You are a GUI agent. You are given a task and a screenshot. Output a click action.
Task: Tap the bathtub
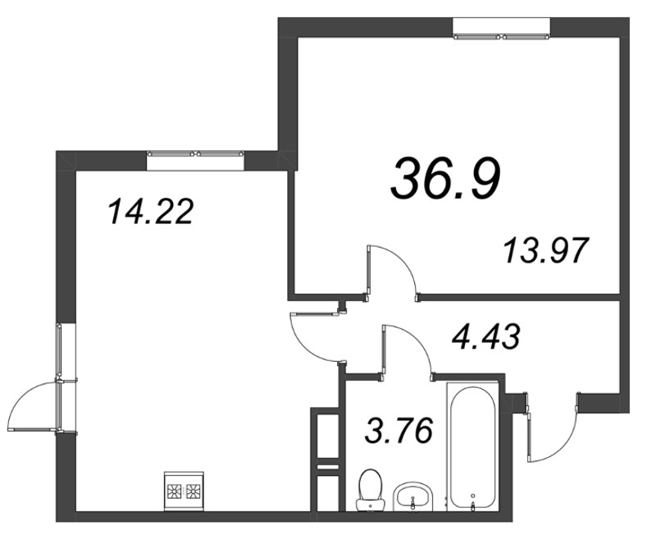(472, 447)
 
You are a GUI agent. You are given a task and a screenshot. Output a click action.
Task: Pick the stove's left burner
(175, 491)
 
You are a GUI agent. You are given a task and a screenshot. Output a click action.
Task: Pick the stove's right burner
(194, 491)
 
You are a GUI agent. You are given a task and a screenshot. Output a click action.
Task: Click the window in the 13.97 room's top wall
(502, 35)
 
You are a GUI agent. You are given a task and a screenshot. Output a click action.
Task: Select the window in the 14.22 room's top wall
(197, 153)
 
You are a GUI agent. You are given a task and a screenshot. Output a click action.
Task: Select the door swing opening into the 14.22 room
(312, 336)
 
